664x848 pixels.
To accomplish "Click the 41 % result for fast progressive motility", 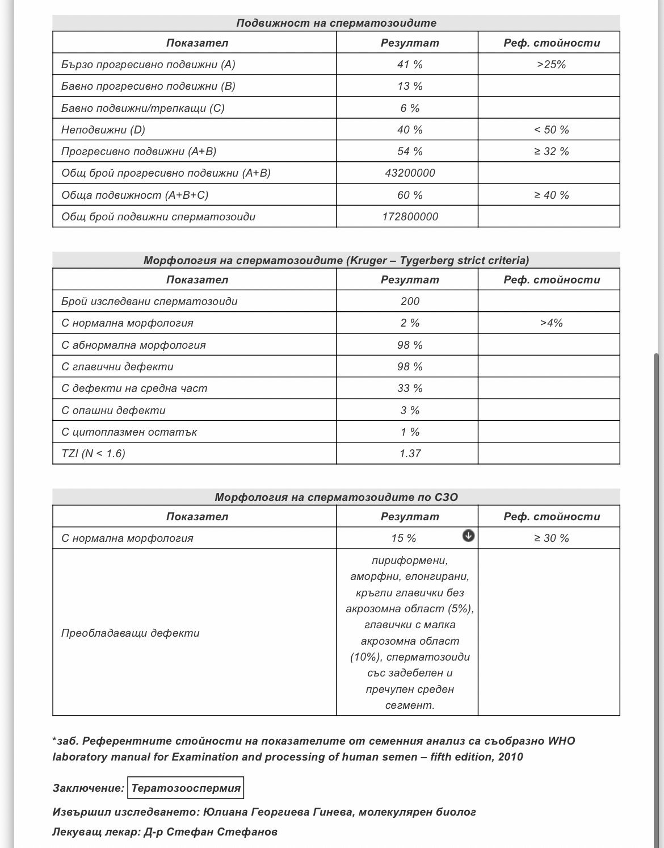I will coord(410,64).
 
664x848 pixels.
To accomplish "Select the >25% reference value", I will coord(551,64).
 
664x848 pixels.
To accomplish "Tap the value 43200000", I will coord(410,173).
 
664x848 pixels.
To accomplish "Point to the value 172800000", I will coord(410,216).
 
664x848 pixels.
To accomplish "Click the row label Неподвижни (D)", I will coord(103,130).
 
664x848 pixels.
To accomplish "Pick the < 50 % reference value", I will coord(551,130).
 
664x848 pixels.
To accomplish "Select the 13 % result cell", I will coord(410,86).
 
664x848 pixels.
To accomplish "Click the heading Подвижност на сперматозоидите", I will coord(336,23).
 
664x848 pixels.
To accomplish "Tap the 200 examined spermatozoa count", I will coord(410,301).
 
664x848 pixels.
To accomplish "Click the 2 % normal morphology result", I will coord(410,323).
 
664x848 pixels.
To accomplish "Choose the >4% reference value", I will coord(551,323).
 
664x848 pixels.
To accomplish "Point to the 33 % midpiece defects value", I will coord(410,389).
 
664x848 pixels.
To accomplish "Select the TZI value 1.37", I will coord(410,453).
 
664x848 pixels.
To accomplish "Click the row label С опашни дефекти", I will coord(114,410).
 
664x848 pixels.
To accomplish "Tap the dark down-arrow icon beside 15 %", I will coord(468,536).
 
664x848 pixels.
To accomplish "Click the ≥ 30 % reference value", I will coord(551,538).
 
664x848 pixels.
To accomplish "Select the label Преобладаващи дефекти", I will coord(131,633).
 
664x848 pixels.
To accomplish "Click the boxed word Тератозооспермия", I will coord(186,788).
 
